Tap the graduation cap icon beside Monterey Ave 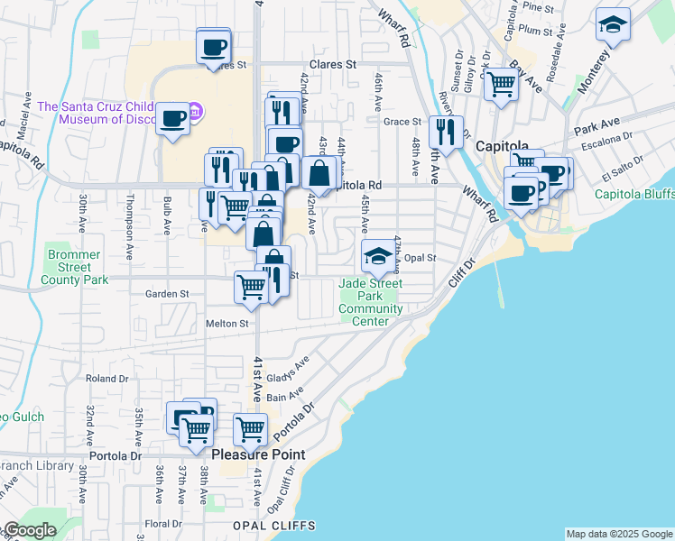point(613,27)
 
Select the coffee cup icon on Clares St point(214,46)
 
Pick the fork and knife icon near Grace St point(446,133)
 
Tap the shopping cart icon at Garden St point(251,288)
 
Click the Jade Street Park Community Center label point(371,302)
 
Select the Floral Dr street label point(163,523)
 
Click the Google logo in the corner point(29,531)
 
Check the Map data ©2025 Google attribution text point(619,534)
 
